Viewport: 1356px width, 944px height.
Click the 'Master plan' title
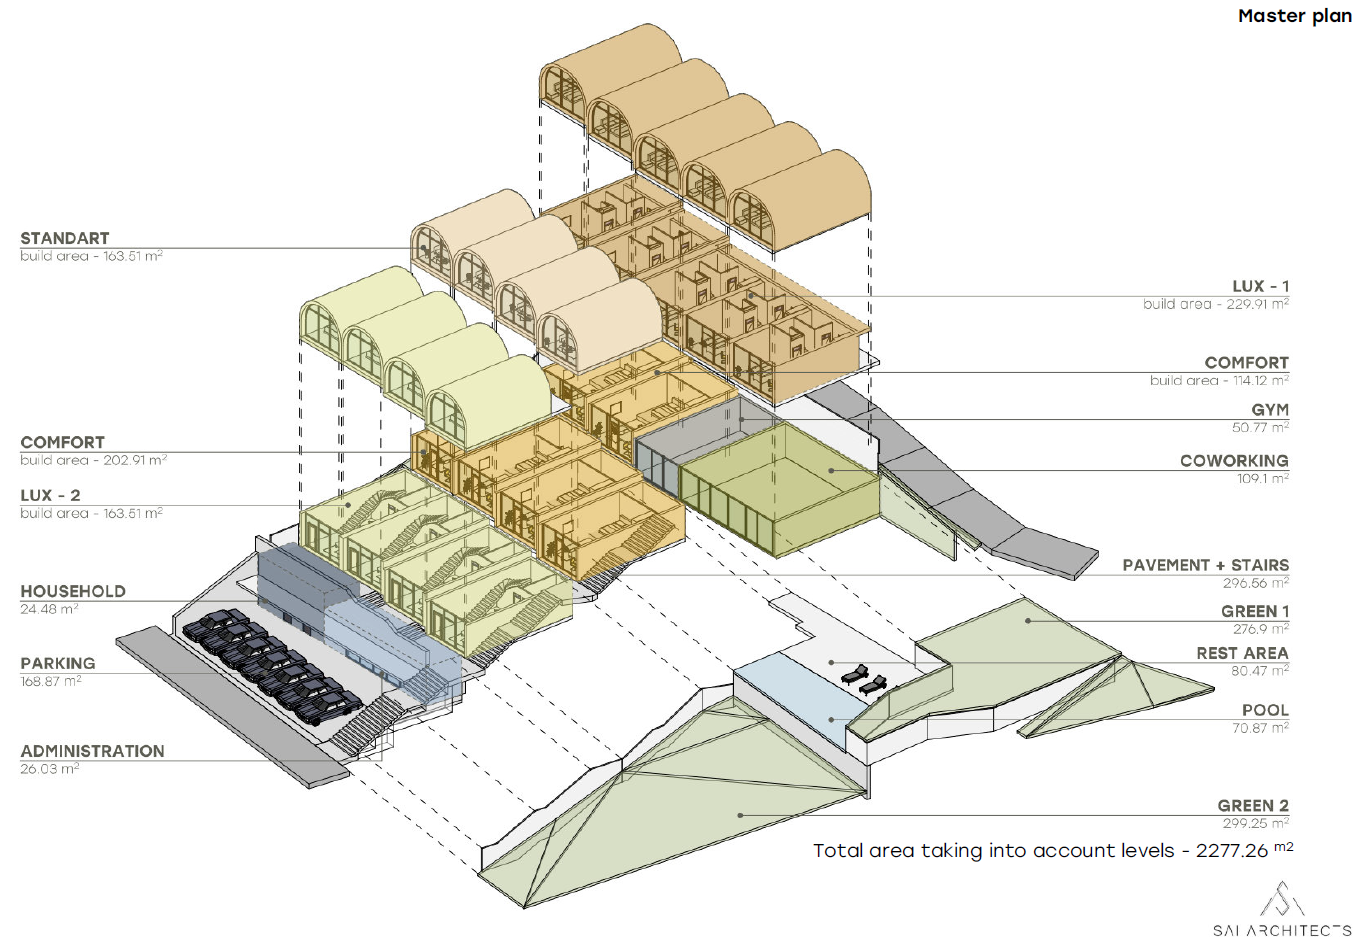[x=1294, y=16]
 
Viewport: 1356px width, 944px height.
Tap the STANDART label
[x=65, y=238]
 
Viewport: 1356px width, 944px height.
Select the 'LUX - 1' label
[x=1260, y=286]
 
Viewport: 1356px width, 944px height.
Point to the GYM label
[x=1269, y=410]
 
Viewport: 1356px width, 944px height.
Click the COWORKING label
[x=1234, y=461]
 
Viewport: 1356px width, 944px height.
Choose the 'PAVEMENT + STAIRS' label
[x=1205, y=565]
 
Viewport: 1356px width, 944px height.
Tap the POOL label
[x=1265, y=710]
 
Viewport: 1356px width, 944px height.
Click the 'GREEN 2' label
[x=1252, y=805]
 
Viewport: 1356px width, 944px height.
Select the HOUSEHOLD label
[x=73, y=591]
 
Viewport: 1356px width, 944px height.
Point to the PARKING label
[x=58, y=663]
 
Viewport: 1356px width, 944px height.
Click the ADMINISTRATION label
[x=92, y=751]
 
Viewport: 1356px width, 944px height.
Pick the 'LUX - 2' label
[x=50, y=495]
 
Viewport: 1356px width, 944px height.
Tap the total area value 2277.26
[x=1232, y=851]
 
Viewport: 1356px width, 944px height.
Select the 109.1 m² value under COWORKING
[x=1262, y=479]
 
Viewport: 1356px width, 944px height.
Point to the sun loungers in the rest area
[x=864, y=680]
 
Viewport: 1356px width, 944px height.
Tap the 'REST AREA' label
[x=1242, y=653]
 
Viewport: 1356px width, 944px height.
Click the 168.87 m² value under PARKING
[x=51, y=681]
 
